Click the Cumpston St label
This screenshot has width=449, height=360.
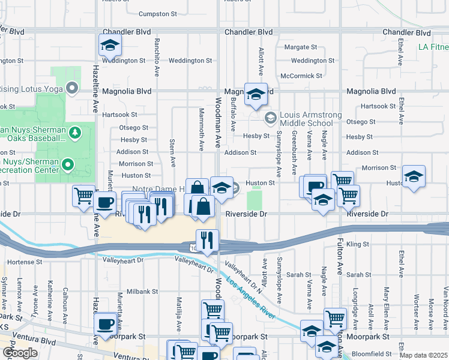[158, 14]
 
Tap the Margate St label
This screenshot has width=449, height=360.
[300, 47]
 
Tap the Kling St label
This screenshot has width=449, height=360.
[358, 244]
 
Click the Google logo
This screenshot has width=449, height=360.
[20, 352]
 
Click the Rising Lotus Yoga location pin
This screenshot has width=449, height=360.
[73, 89]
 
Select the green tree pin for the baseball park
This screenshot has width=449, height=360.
[75, 132]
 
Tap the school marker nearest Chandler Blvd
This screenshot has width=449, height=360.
[110, 45]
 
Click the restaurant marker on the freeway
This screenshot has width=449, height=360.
[206, 240]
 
